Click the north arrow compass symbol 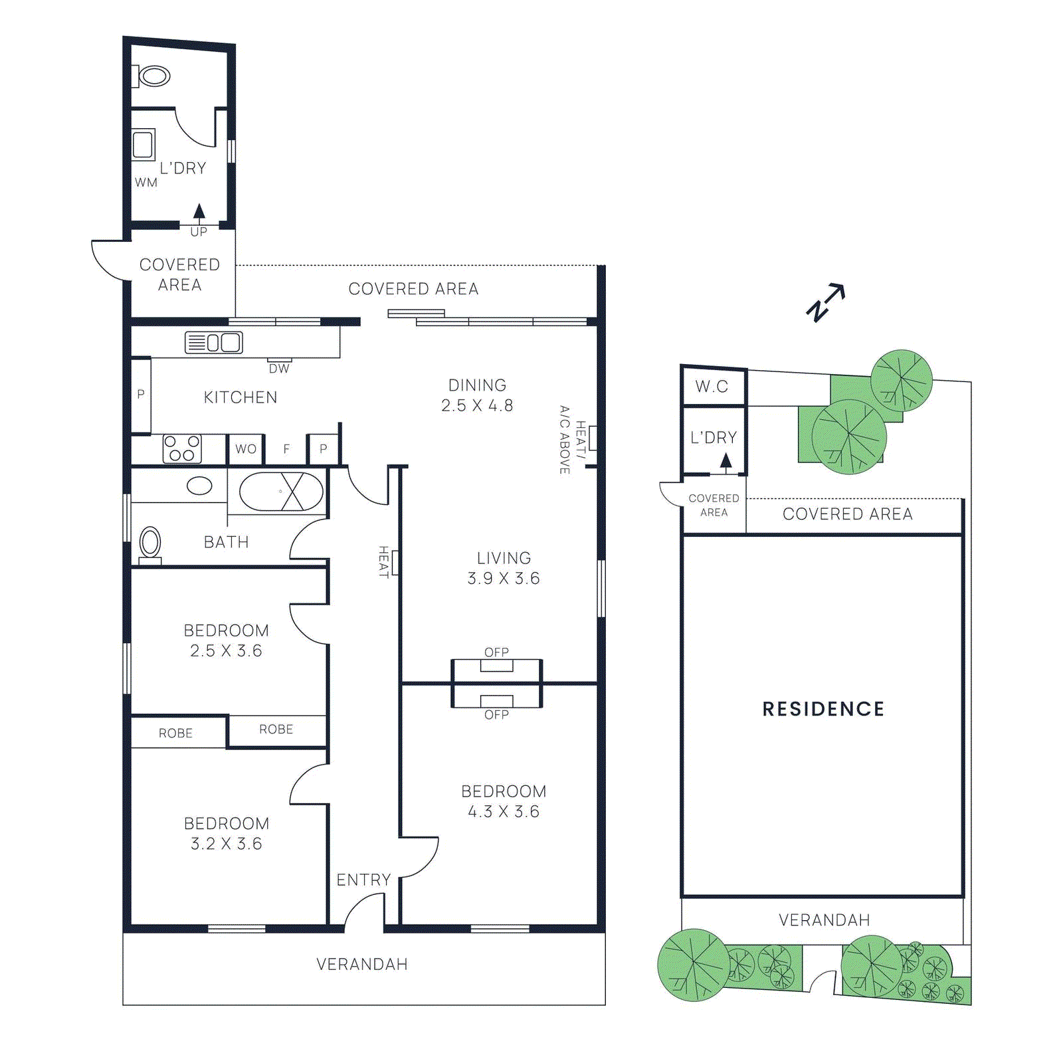(x=825, y=303)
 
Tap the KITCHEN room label (x=241, y=397)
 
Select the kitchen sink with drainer (x=213, y=342)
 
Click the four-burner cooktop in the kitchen (x=182, y=449)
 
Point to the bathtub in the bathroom (x=281, y=492)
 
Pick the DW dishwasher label (x=279, y=369)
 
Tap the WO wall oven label (x=246, y=449)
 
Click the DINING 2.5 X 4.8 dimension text (x=477, y=405)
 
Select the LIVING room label (x=504, y=558)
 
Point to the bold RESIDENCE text (x=823, y=709)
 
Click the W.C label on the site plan (x=712, y=386)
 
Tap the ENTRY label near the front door (x=363, y=880)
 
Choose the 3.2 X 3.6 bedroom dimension (x=227, y=844)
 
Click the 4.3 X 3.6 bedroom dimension (x=504, y=811)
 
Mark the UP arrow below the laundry (x=199, y=212)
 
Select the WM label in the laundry (x=146, y=183)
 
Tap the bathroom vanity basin (x=199, y=486)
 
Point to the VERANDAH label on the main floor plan (x=362, y=964)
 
